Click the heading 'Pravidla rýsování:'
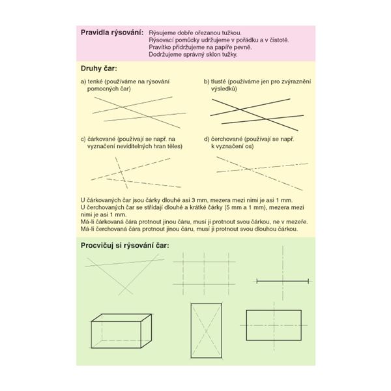click(x=111, y=33)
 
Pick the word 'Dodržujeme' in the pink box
click(x=166, y=55)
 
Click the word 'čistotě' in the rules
click(x=277, y=40)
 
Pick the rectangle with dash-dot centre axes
click(x=272, y=324)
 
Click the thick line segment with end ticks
click(x=282, y=281)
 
